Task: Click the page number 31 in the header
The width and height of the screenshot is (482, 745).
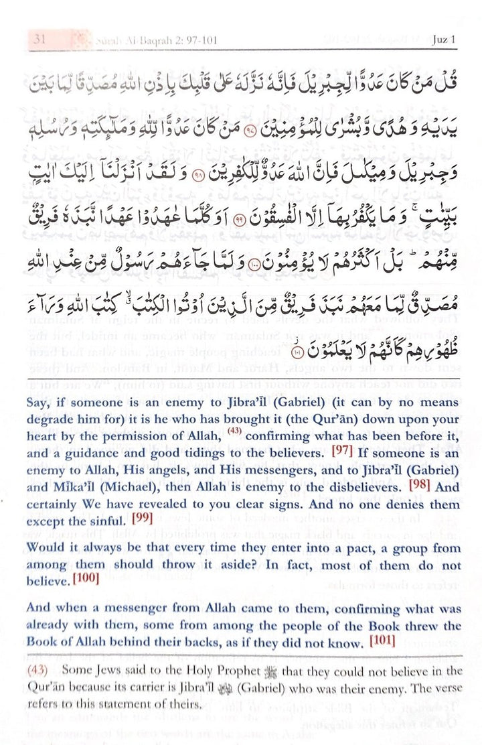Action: (39, 40)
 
